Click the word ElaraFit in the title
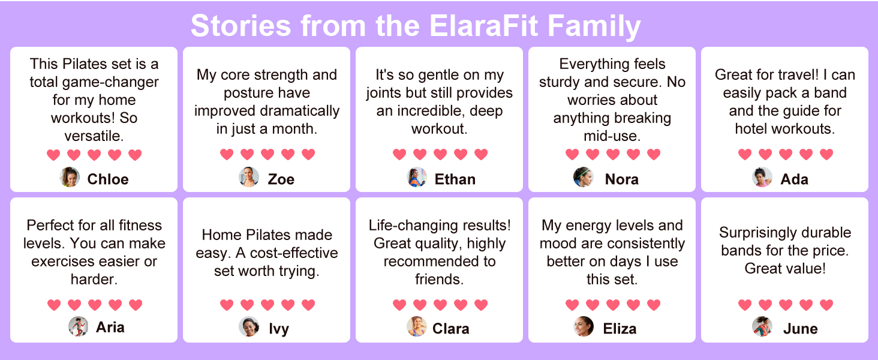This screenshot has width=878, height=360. (x=484, y=26)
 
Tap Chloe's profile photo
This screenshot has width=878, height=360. (x=70, y=177)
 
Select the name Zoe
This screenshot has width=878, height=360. (x=281, y=179)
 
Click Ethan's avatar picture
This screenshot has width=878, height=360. (x=417, y=177)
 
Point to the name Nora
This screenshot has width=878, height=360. (x=622, y=179)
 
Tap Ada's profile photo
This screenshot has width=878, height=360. (x=762, y=177)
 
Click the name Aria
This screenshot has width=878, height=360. (x=110, y=327)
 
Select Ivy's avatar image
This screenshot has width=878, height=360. (x=249, y=326)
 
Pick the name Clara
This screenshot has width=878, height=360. (x=451, y=329)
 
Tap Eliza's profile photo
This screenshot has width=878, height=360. (x=584, y=326)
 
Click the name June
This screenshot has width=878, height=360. (x=801, y=329)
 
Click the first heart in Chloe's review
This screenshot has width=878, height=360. (x=54, y=155)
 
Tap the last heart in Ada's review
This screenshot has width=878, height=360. (x=826, y=154)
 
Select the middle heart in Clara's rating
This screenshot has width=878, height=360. (x=440, y=305)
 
